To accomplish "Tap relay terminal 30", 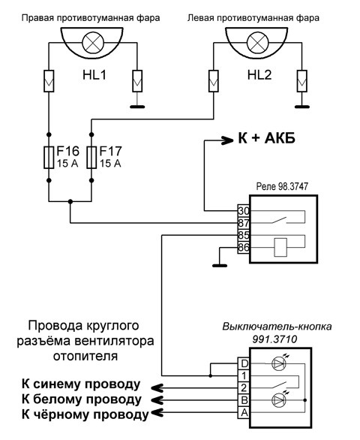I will coord(244,210).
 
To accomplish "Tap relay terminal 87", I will coord(244,222).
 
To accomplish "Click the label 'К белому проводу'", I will coord(82,399).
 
